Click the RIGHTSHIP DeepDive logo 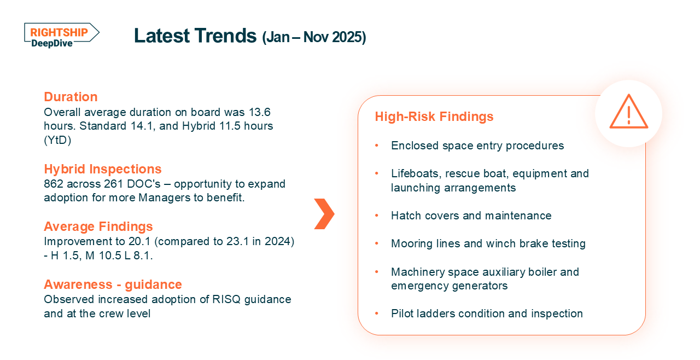[61, 36]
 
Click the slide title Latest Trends [195, 36]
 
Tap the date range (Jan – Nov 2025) [314, 37]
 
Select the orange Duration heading [71, 97]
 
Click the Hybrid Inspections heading [103, 169]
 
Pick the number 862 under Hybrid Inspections [53, 184]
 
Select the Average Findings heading [98, 227]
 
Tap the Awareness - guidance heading [113, 284]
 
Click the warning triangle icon [628, 112]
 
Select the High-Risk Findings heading [434, 117]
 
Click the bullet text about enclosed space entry [477, 146]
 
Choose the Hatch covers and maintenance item [471, 216]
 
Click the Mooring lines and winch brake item [488, 243]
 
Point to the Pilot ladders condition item [487, 313]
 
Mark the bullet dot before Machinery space [376, 272]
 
